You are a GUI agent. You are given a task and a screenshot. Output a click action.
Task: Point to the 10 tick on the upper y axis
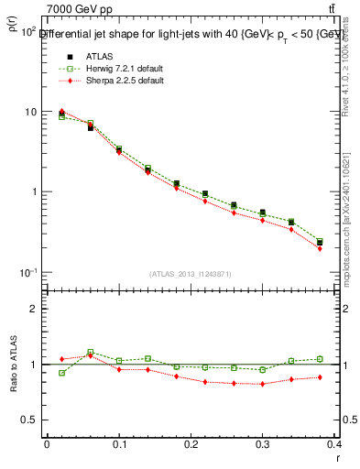coord(29,112)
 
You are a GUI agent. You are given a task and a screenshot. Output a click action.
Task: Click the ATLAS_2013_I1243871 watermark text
coord(190,274)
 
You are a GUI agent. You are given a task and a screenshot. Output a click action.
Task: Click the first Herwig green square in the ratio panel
coord(61,373)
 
